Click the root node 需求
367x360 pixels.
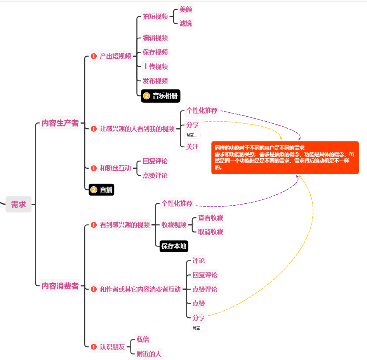coord(18,204)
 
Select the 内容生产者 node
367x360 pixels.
coord(60,123)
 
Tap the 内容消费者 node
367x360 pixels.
coord(60,286)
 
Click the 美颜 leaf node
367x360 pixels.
coord(186,9)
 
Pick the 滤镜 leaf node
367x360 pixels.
coord(186,24)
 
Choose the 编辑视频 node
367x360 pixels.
coord(155,38)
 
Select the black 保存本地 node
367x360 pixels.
coord(174,246)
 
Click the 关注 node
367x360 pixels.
coord(192,147)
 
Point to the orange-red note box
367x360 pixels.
coord(285,157)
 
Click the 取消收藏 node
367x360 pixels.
coord(210,232)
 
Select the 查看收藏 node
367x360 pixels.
coord(210,218)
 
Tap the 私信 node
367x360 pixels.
coord(143,339)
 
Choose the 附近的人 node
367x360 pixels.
coord(149,354)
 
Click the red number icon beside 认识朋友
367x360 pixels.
coord(94,347)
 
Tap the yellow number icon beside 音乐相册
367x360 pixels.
coord(146,96)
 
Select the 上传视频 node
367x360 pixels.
coord(155,66)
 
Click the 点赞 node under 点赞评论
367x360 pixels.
coord(199,303)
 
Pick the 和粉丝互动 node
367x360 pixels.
coord(115,168)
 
